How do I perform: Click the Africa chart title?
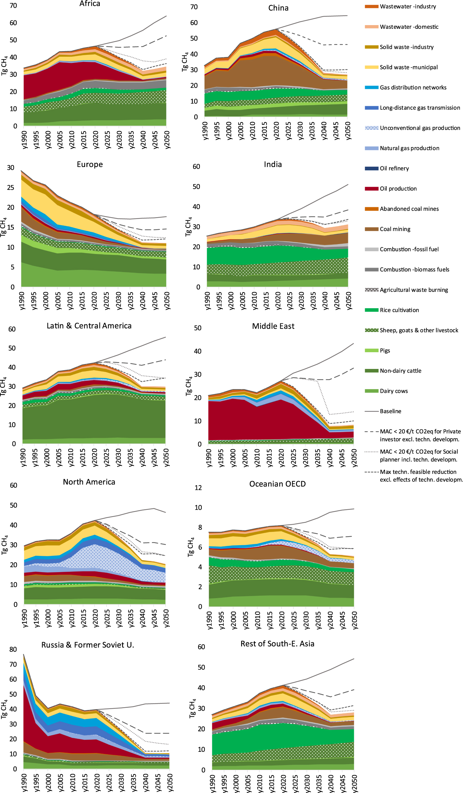[90, 4]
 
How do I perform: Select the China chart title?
[278, 8]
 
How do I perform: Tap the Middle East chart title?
[273, 326]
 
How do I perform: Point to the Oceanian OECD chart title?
[277, 484]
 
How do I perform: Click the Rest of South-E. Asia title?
[277, 644]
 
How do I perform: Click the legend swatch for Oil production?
[371, 189]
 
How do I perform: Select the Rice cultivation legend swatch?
[371, 310]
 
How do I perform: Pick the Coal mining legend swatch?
[371, 229]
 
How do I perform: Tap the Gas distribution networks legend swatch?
[371, 87]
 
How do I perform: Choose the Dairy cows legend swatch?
[371, 391]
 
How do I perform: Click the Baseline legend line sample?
[371, 411]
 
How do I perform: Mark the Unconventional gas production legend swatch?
[371, 128]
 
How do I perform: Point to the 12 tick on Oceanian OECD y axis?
[198, 488]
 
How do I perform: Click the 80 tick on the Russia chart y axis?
[13, 650]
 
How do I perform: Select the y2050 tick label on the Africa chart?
[167, 140]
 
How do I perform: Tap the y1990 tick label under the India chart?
[207, 301]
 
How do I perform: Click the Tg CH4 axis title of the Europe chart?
[4, 226]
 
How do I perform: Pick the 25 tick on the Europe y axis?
[11, 187]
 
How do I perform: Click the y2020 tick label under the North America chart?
[95, 618]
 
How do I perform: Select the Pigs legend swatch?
[371, 351]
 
